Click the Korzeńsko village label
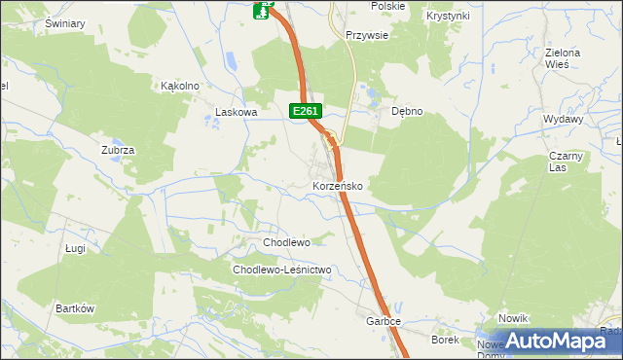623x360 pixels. click(x=338, y=185)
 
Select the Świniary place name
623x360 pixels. click(x=65, y=23)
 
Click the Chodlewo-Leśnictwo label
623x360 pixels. click(x=282, y=270)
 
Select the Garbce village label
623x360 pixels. click(x=384, y=320)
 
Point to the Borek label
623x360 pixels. click(x=445, y=340)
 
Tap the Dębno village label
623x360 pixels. click(x=407, y=111)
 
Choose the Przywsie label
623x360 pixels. click(x=368, y=35)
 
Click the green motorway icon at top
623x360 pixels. click(x=262, y=11)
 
